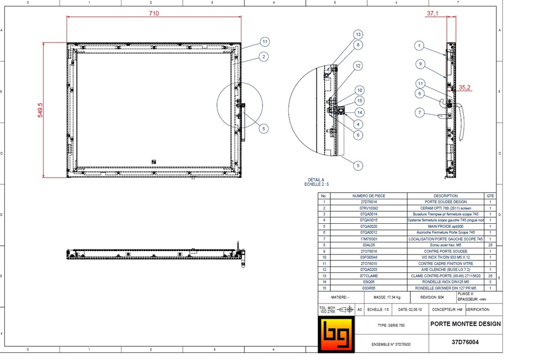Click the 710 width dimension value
pos(154,14)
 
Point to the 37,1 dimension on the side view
pos(433,13)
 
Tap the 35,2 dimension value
pos(464,86)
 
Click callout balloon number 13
pos(358,34)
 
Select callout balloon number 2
pos(263,56)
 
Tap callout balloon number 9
pos(420,64)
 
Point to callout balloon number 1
pos(419,45)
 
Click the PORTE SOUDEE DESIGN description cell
pos(445,202)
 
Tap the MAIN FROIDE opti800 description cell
pos(445,227)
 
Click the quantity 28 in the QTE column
pos(490,245)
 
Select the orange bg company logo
pos(336,335)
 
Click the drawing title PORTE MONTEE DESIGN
pos(465,324)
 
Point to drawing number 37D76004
pos(465,343)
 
